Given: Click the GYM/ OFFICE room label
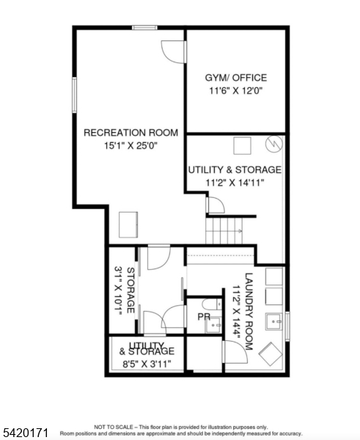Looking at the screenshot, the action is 235,78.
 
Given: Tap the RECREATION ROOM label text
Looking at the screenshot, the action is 131,133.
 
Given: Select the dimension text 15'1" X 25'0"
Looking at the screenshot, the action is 131,146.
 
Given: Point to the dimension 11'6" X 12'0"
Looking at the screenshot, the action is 235,91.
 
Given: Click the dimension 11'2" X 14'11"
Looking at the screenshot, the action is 235,183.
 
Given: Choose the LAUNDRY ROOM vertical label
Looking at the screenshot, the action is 249,312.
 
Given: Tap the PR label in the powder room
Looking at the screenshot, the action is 204,317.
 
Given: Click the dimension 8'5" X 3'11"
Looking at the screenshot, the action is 147,364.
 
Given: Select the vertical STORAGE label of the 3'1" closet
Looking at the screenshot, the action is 131,290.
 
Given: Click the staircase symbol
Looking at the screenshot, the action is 224,231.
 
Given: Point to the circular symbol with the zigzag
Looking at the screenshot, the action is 274,144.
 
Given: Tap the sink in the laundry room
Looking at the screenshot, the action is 274,322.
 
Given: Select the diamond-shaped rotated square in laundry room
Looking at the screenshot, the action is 271,354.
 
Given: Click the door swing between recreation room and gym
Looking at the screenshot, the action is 173,52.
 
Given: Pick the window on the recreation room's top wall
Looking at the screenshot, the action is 144,28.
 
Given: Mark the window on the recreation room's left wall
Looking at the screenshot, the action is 74,95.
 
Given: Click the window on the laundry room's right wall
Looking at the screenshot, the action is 287,326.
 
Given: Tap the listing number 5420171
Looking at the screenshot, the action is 24,432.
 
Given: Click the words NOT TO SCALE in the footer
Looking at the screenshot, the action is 114,428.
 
